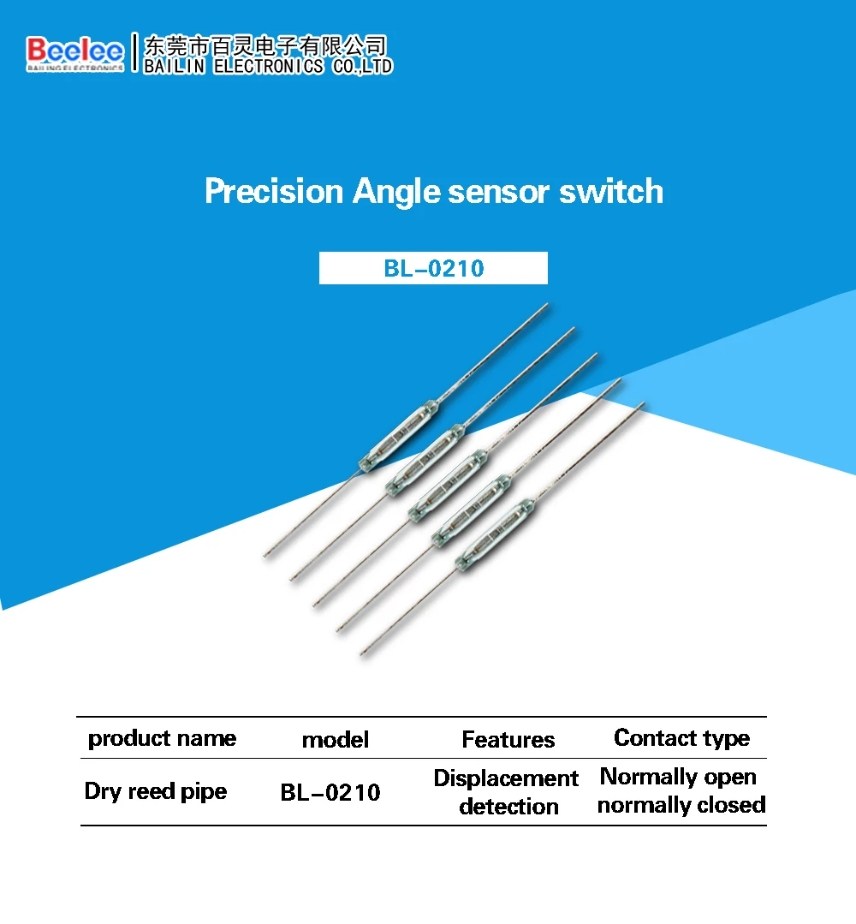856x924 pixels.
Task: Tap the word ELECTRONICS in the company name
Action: [x=269, y=66]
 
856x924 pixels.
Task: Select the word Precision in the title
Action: [x=273, y=191]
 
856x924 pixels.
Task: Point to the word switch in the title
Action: [x=611, y=191]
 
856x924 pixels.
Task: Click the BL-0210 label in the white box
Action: [x=433, y=268]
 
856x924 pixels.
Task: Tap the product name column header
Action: [x=162, y=738]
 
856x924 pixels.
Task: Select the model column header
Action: [x=336, y=740]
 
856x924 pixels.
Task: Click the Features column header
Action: [x=508, y=740]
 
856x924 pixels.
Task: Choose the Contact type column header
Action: [x=681, y=738]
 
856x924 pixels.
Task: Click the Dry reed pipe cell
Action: [x=155, y=791]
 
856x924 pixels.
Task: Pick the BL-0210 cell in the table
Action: [x=330, y=793]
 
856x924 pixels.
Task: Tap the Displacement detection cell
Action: [x=507, y=792]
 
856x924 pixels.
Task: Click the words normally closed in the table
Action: [x=681, y=805]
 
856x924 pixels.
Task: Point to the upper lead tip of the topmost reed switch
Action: [x=546, y=305]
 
